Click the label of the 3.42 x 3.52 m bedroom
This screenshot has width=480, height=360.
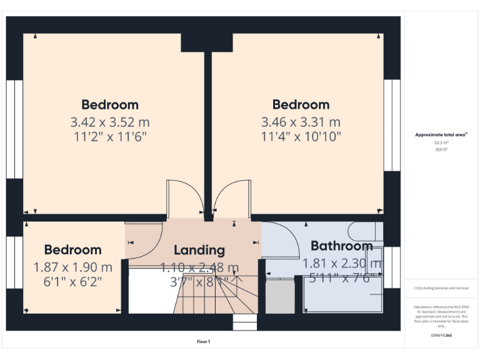(x=109, y=105)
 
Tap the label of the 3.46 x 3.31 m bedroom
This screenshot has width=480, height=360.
(x=301, y=105)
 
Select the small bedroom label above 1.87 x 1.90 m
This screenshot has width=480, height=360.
(x=72, y=250)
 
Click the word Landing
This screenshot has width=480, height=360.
(x=199, y=250)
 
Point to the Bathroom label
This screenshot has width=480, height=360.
(x=341, y=246)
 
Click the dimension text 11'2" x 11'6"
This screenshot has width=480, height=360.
(x=109, y=136)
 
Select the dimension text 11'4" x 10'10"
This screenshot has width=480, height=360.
(x=301, y=136)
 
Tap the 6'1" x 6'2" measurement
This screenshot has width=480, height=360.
(x=72, y=281)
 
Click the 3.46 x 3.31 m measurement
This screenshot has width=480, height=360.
(x=301, y=121)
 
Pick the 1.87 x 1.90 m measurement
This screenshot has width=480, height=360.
(x=72, y=267)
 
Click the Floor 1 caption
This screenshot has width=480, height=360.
(x=204, y=341)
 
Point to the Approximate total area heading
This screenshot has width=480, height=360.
(x=441, y=134)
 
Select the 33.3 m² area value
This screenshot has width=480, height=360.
(x=441, y=143)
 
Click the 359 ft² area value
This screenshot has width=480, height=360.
(x=441, y=150)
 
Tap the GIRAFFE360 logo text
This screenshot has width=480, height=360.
(x=441, y=336)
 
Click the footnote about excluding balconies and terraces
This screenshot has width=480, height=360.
(x=441, y=288)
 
